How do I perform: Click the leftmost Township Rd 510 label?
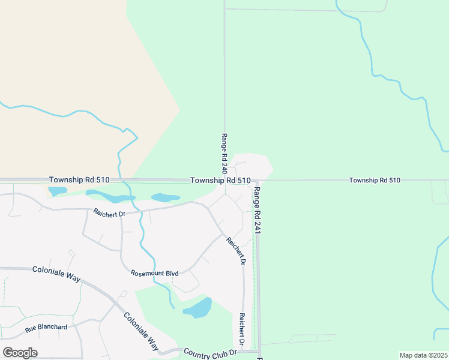pyautogui.click(x=79, y=179)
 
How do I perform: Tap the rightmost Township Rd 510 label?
pyautogui.click(x=375, y=180)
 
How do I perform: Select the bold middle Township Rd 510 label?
pyautogui.click(x=220, y=180)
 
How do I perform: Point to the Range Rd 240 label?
pyautogui.click(x=224, y=154)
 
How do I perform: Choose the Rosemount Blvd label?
pyautogui.click(x=155, y=273)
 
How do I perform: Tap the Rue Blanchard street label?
pyautogui.click(x=46, y=328)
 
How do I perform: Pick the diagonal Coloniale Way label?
pyautogui.click(x=141, y=331)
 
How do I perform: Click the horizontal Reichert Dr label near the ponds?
pyautogui.click(x=108, y=211)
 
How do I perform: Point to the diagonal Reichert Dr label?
pyautogui.click(x=236, y=251)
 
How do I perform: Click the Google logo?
pyautogui.click(x=20, y=353)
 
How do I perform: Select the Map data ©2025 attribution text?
pyautogui.click(x=423, y=355)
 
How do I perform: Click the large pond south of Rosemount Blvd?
pyautogui.click(x=199, y=308)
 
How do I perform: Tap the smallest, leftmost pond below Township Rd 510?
pyautogui.click(x=57, y=191)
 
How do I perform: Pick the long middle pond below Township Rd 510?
pyautogui.click(x=110, y=196)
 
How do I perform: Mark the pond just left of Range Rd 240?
pyautogui.click(x=165, y=197)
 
